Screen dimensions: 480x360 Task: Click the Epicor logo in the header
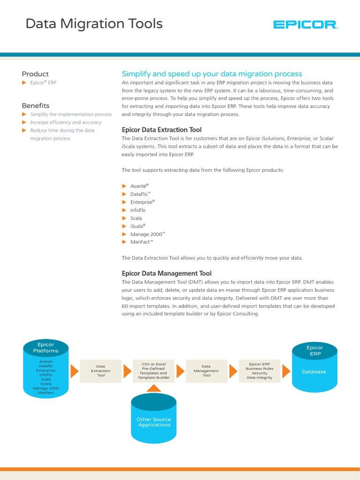[305, 24]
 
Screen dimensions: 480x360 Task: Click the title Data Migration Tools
[94, 23]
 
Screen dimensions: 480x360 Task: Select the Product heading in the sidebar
[35, 74]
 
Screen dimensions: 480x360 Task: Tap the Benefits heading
[36, 106]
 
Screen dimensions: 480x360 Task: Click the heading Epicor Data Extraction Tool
[162, 130]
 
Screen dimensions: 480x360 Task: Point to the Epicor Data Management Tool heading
[166, 273]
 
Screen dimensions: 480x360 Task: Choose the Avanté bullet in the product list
[139, 186]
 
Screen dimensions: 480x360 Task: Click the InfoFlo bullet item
[138, 210]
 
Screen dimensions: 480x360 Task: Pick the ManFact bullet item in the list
[142, 242]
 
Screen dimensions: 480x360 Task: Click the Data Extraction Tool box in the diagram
[101, 371]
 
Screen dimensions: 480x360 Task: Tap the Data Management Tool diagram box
[207, 371]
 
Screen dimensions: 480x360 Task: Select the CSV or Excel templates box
[154, 370]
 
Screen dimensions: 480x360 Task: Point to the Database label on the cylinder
[314, 372]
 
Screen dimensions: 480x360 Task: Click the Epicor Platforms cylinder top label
[46, 348]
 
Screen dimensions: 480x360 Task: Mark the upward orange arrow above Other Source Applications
[154, 388]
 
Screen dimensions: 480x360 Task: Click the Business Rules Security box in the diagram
[260, 370]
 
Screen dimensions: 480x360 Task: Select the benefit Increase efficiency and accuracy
[66, 122]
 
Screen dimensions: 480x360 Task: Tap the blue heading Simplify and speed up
[212, 74]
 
